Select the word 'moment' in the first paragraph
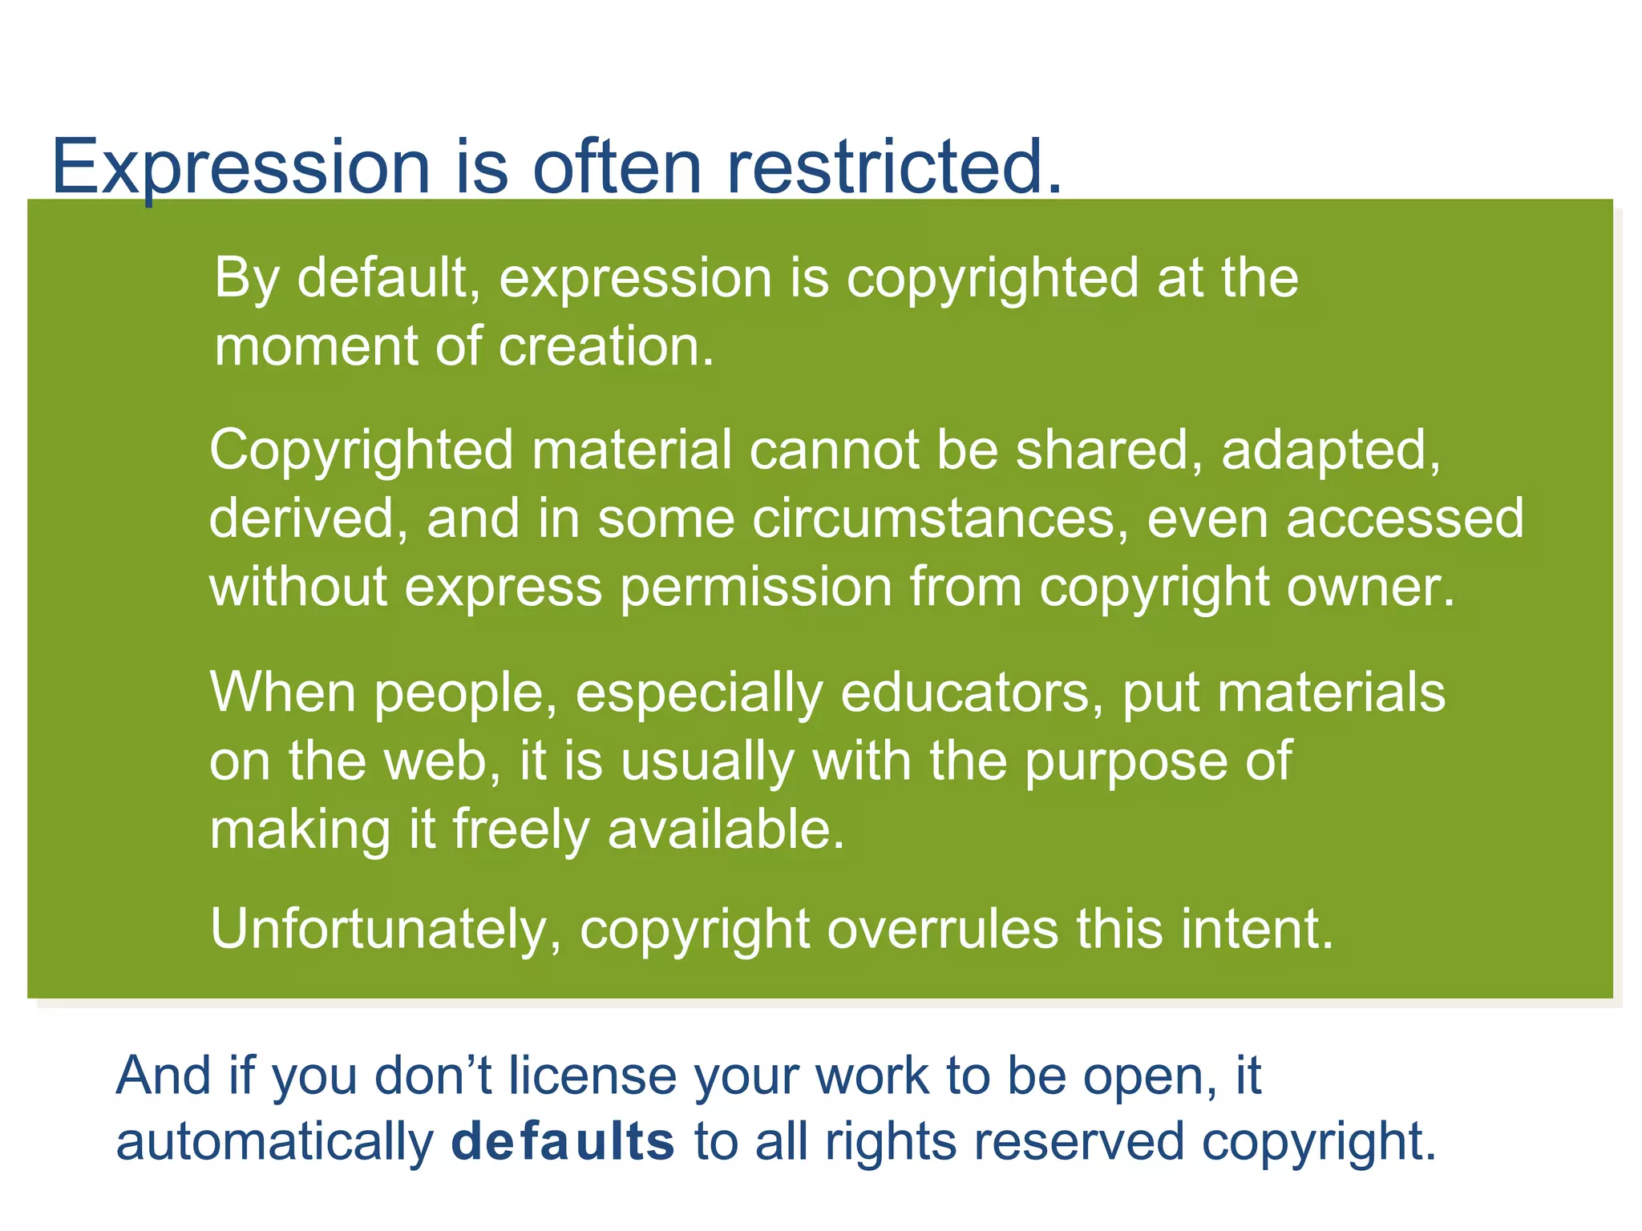point(315,347)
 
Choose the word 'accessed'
point(1405,519)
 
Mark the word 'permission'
point(756,587)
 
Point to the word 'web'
point(446,761)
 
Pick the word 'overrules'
point(942,930)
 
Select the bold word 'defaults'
point(563,1142)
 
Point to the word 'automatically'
point(274,1142)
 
